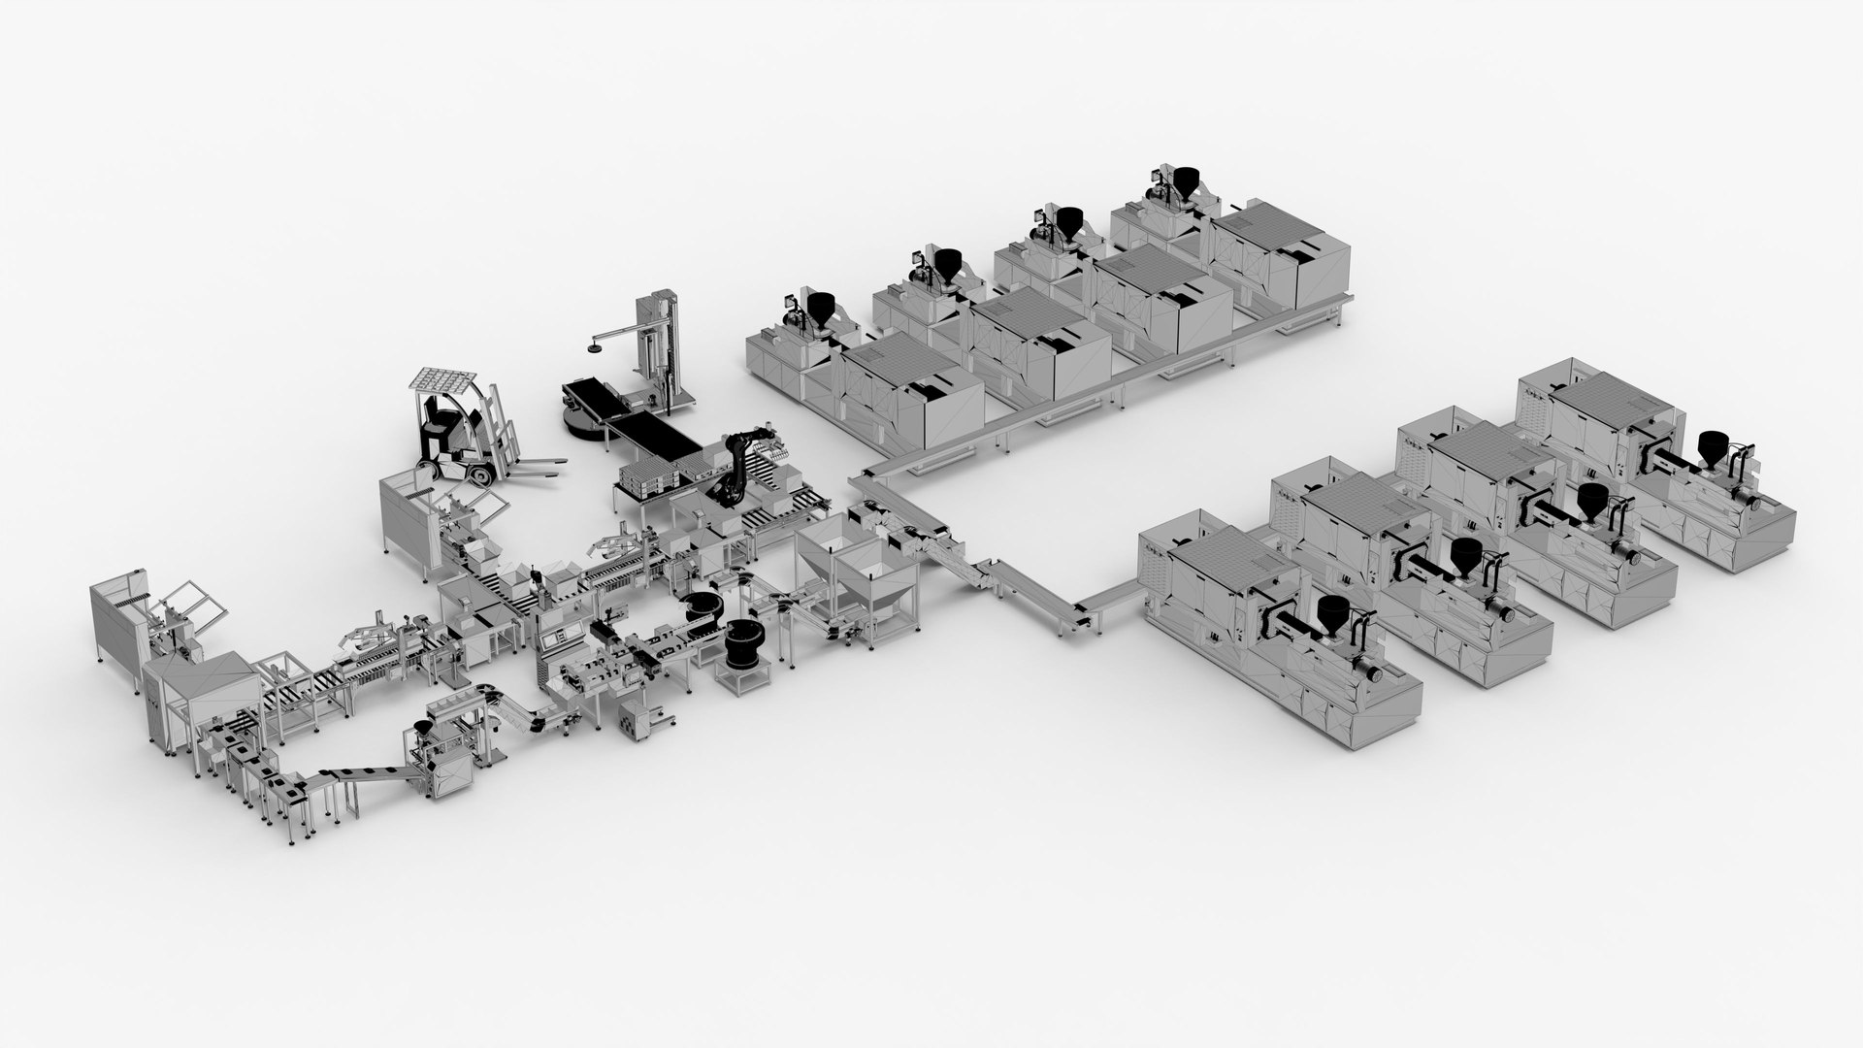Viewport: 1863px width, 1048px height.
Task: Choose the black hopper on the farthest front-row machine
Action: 1712,447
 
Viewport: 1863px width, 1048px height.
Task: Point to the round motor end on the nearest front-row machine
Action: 1375,672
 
